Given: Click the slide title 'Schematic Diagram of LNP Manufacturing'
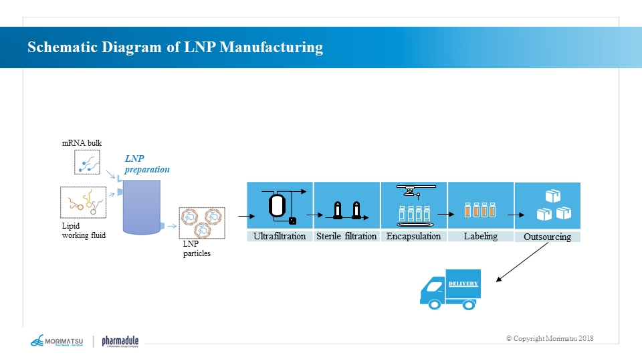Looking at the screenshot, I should click(x=175, y=47).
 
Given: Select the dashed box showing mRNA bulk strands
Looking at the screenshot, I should click(x=87, y=162).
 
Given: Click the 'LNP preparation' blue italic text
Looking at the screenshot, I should click(x=147, y=164).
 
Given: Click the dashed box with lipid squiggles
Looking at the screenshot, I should click(x=84, y=203).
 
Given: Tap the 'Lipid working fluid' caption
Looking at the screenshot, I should click(x=84, y=231).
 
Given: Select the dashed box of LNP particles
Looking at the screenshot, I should click(x=202, y=223).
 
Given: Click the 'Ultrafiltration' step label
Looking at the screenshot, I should click(x=280, y=236).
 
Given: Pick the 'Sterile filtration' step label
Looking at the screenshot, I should click(x=346, y=236).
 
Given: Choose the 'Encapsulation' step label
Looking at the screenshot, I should click(x=414, y=236).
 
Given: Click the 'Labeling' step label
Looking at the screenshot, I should click(x=480, y=236).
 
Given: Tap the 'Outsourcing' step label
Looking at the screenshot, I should click(x=547, y=237).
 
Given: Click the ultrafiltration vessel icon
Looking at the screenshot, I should click(x=277, y=205).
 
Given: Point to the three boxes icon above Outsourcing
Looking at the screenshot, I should click(x=554, y=206).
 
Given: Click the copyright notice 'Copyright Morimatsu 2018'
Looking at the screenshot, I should click(x=550, y=338).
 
